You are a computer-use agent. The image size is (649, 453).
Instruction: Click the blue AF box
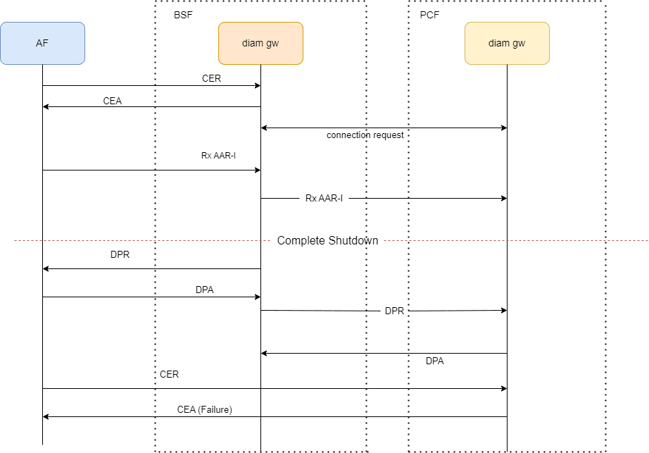click(42, 43)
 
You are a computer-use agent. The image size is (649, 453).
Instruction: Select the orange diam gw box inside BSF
click(260, 43)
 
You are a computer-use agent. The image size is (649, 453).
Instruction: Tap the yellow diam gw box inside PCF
click(507, 43)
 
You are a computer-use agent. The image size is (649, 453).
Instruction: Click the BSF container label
click(183, 14)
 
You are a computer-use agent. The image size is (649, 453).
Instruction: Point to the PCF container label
click(429, 14)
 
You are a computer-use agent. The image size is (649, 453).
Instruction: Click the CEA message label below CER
click(113, 101)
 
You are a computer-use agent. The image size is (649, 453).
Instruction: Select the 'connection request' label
click(365, 135)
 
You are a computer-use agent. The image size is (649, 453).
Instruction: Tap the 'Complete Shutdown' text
click(327, 240)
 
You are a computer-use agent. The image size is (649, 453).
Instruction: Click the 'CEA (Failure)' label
click(204, 409)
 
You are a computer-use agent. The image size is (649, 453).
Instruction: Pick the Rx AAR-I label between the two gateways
click(324, 198)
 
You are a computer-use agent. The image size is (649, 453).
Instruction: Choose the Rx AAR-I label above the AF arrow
click(218, 156)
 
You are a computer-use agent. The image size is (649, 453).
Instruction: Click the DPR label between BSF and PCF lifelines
click(394, 311)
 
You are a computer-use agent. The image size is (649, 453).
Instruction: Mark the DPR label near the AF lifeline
click(120, 255)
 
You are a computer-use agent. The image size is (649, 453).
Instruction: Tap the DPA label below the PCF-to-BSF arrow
click(435, 361)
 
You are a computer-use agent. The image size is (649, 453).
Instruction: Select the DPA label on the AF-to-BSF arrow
click(205, 290)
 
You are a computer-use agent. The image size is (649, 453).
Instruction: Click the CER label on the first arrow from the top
click(211, 78)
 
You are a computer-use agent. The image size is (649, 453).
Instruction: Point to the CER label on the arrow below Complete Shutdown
click(169, 374)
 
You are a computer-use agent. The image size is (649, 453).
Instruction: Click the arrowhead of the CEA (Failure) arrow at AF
click(46, 416)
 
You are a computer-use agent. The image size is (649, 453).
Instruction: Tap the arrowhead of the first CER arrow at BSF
click(258, 85)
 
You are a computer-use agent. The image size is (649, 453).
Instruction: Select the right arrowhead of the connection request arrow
click(504, 128)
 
